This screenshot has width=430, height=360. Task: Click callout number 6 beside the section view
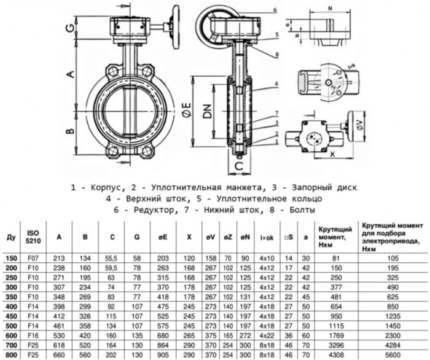pyautogui.click(x=276, y=10)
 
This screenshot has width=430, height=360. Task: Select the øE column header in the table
pyautogui.click(x=163, y=235)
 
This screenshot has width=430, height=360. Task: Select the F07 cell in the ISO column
pyautogui.click(x=34, y=260)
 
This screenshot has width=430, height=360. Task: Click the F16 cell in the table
pyautogui.click(x=34, y=337)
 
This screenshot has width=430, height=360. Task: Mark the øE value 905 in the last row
pyautogui.click(x=163, y=354)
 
